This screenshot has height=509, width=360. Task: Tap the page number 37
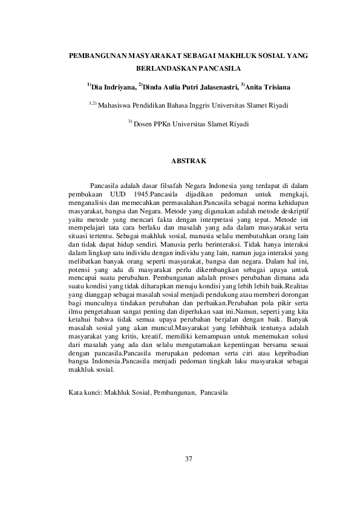point(188,462)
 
